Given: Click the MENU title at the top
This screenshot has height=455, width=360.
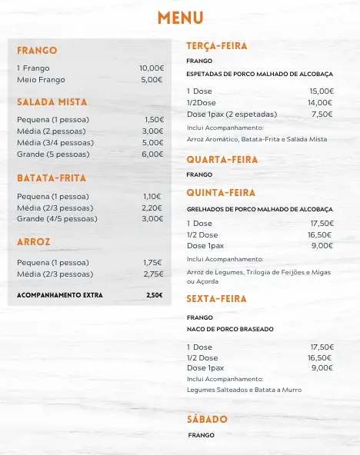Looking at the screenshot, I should pos(180,18).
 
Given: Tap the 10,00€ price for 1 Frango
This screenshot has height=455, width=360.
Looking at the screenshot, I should pos(151,68).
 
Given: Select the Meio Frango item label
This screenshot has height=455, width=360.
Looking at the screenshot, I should pos(41,80).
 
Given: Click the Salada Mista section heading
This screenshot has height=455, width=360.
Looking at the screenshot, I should pos(52,102).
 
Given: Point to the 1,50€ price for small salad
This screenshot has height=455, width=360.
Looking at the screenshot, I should pos(153,120).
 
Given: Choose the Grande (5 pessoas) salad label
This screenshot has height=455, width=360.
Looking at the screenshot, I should pos(53,154).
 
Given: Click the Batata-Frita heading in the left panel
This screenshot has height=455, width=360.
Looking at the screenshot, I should pos(51,178).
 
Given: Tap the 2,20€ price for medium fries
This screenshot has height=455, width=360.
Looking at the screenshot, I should pos(152,208).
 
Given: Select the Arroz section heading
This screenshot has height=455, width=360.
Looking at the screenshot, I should pos(34,241).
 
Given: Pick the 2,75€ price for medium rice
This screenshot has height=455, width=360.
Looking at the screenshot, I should pos(153,274).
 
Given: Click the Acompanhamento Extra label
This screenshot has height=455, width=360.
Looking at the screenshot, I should pos(59,295).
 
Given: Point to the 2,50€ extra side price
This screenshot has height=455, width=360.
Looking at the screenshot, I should pos(154,295).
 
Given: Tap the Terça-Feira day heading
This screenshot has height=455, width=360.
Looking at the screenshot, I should pos(216,46).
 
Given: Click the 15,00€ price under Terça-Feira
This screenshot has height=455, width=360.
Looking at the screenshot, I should pos(321,91).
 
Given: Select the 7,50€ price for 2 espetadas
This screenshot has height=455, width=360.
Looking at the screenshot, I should pos(322,114).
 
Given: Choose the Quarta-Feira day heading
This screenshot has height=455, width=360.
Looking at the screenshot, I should pos(221,160).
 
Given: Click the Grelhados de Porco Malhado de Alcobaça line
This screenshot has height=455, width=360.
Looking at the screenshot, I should pos(259,209).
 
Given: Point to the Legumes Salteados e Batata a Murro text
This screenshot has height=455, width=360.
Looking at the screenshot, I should pos(244,390).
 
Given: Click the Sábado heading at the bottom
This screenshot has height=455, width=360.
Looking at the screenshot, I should pos(207,420).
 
